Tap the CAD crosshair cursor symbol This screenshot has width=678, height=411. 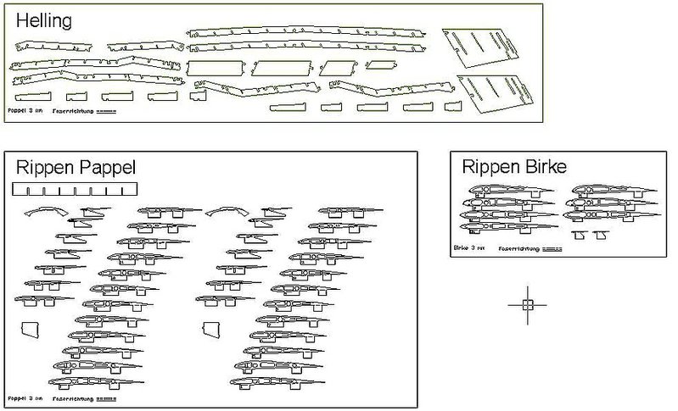[527, 304]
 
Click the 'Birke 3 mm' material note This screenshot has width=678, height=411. [468, 248]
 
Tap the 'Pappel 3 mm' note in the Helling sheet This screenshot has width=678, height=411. [25, 111]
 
